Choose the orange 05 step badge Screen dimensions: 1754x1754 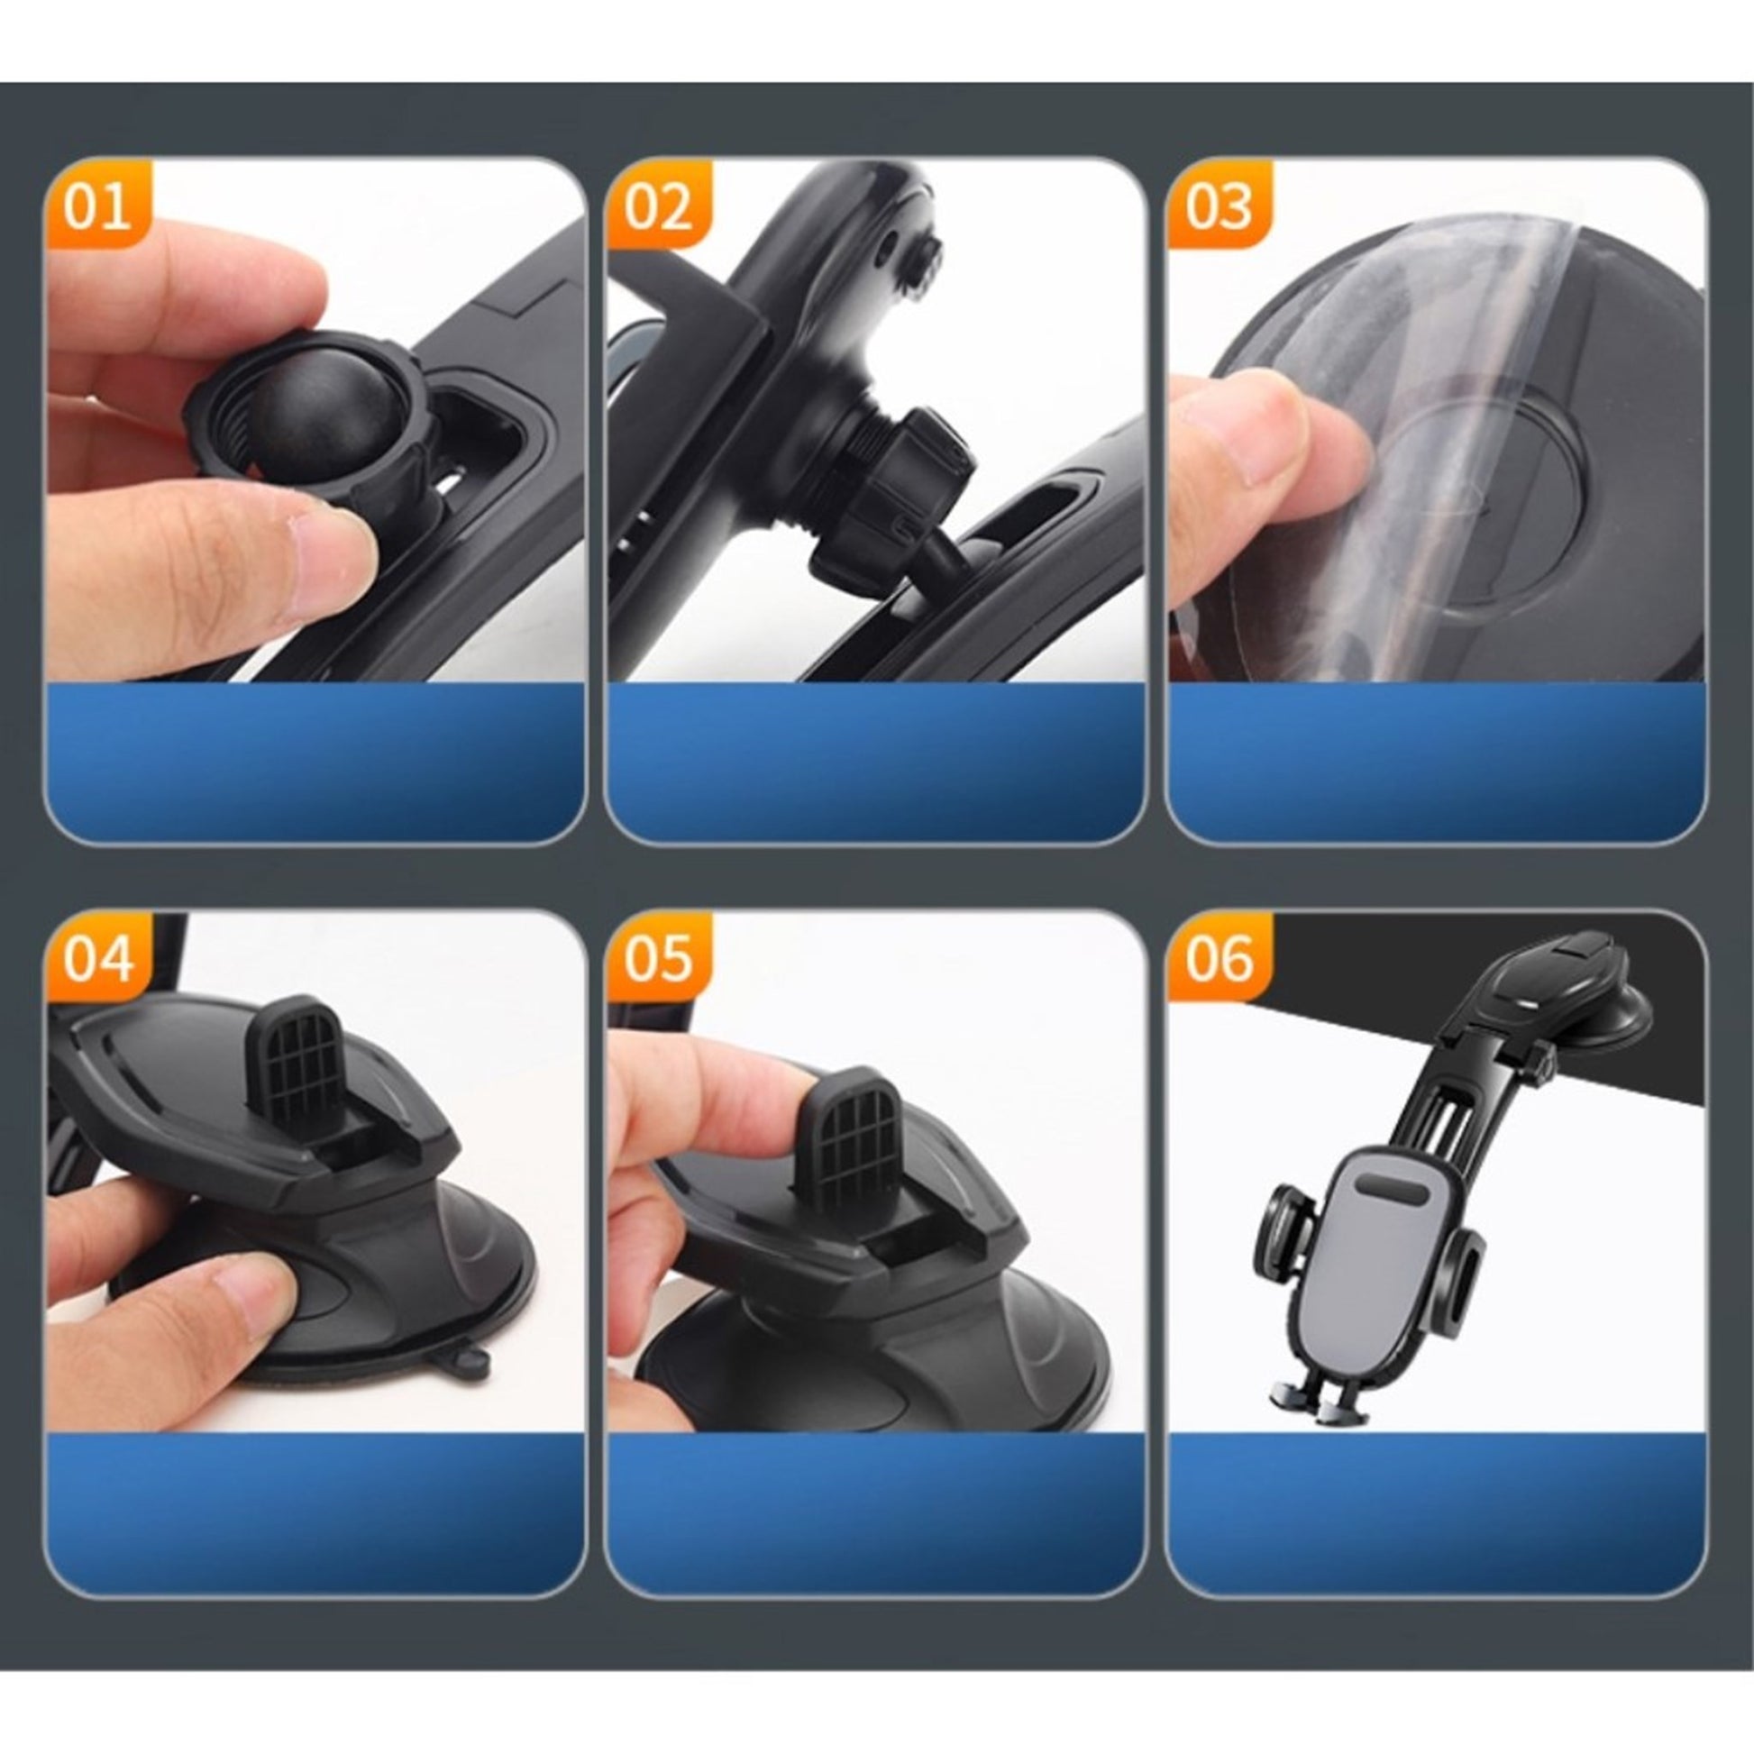point(658,957)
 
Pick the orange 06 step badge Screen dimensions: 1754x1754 point(1219,957)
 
